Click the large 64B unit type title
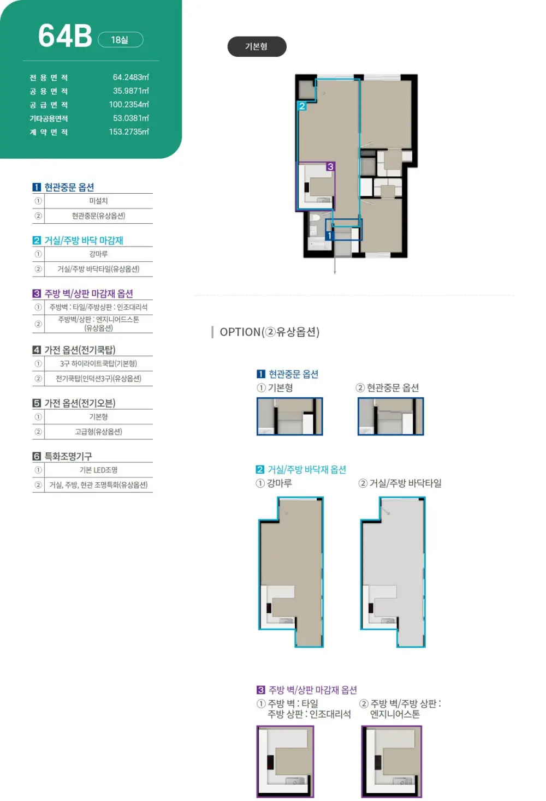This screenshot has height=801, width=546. (x=65, y=36)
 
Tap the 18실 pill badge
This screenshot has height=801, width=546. (x=120, y=40)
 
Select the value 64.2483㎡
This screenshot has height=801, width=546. (x=130, y=77)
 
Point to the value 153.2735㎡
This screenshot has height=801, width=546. (x=129, y=131)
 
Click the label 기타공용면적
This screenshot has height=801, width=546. (x=49, y=118)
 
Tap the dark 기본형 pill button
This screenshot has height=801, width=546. (x=257, y=46)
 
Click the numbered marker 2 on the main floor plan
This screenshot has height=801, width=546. (x=302, y=106)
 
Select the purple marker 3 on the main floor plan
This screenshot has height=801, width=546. (x=330, y=166)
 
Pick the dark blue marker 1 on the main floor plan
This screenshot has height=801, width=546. (x=330, y=235)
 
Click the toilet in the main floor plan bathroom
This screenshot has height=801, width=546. (x=315, y=217)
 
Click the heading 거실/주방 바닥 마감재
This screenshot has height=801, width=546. (x=84, y=240)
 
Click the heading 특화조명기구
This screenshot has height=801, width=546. (x=68, y=456)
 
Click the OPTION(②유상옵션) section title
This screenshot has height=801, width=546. (x=269, y=332)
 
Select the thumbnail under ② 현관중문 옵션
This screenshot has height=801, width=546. (x=391, y=416)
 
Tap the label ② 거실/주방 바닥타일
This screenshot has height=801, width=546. (x=400, y=483)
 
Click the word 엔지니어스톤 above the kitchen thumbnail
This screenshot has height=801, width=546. (x=395, y=714)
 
